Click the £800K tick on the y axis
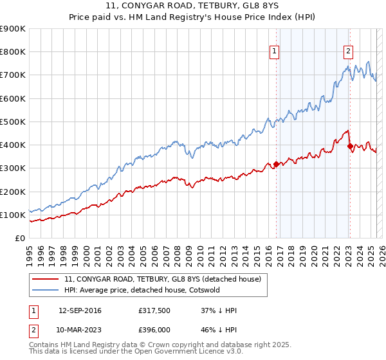(x=13, y=51)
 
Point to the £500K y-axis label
(x=13, y=122)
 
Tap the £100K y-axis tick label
(x=13, y=215)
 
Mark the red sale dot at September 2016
(x=276, y=164)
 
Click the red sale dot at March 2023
(x=350, y=146)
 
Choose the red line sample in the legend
(x=45, y=279)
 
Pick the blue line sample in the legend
(x=45, y=290)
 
